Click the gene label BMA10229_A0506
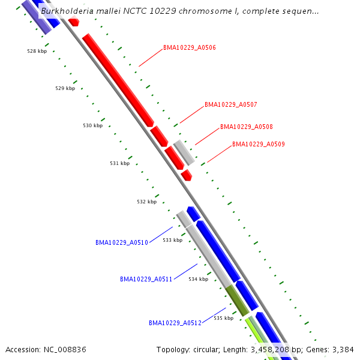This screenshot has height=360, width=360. pyautogui.click(x=189, y=47)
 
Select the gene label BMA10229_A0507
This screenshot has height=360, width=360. pyautogui.click(x=230, y=104)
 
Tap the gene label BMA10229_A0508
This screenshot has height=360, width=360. pyautogui.click(x=246, y=127)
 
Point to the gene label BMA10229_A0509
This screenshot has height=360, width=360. pyautogui.click(x=258, y=144)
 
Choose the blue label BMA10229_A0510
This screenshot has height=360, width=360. pyautogui.click(x=121, y=242)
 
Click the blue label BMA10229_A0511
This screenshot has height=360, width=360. pyautogui.click(x=146, y=279)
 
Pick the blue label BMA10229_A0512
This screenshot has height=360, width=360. pyautogui.click(x=175, y=323)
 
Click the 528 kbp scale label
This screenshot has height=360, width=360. pyautogui.click(x=37, y=51)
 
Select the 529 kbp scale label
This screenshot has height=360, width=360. pyautogui.click(x=65, y=88)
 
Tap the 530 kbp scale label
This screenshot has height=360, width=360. pyautogui.click(x=92, y=125)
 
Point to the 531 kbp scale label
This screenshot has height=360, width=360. pyautogui.click(x=119, y=163)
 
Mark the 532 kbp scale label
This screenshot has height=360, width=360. pyautogui.click(x=146, y=202)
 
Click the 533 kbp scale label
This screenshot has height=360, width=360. pyautogui.click(x=172, y=240)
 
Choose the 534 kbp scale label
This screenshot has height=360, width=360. pyautogui.click(x=198, y=279)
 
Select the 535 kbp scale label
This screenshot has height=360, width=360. pyautogui.click(x=223, y=318)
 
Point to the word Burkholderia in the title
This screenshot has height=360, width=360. pyautogui.click(x=67, y=11)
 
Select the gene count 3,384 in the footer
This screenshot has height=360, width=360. pyautogui.click(x=343, y=349)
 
